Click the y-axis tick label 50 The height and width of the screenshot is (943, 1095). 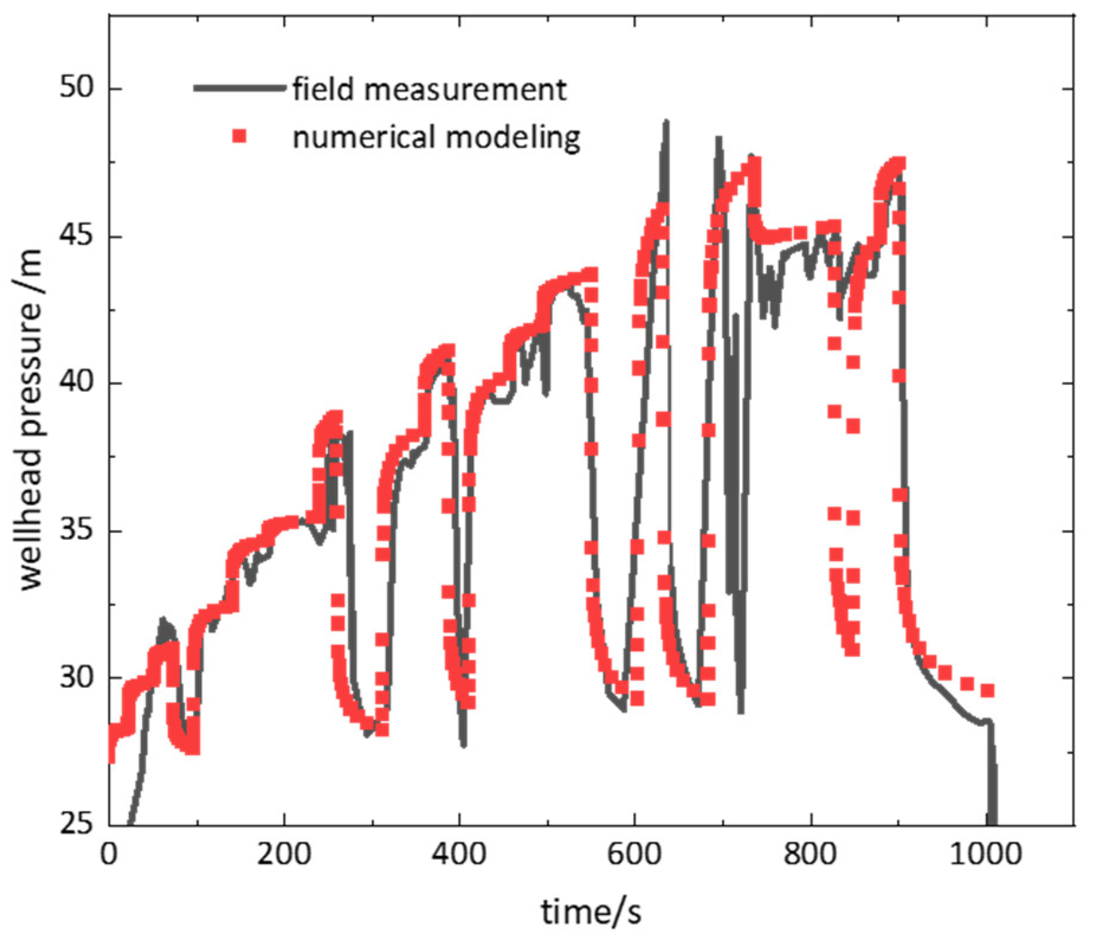pos(76,88)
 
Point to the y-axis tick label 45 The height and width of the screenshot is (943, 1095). pos(76,236)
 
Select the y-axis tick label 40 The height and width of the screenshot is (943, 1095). pos(76,383)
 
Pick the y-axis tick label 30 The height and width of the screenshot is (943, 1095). pos(76,678)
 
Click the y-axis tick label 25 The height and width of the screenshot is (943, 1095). pos(76,825)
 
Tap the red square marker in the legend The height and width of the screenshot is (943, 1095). pos(239,137)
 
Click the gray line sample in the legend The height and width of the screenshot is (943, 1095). pos(239,88)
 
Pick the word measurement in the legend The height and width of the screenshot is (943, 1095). pos(465,89)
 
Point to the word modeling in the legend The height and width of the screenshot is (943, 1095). pos(512,138)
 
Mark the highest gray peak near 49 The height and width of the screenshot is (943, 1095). pos(666,122)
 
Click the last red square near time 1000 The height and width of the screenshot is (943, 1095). pos(987,690)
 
